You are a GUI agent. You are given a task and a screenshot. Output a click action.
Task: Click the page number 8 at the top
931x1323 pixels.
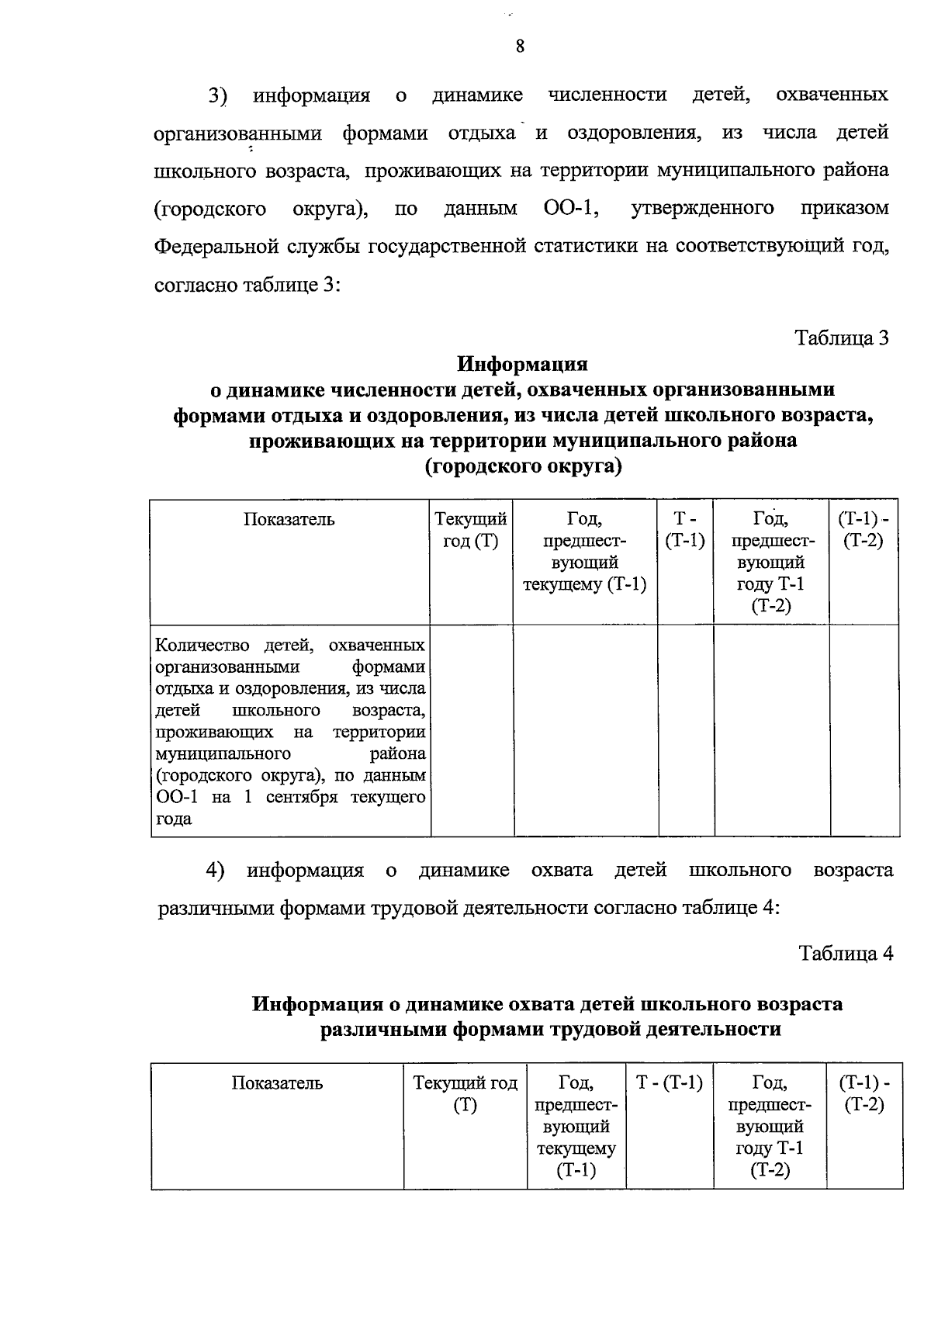pyautogui.click(x=520, y=47)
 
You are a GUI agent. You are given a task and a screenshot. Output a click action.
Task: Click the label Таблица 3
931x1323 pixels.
pyautogui.click(x=842, y=338)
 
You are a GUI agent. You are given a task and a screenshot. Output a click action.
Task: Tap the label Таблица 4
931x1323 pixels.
pyautogui.click(x=846, y=954)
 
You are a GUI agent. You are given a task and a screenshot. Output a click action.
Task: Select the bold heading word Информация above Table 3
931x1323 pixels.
pyautogui.click(x=522, y=364)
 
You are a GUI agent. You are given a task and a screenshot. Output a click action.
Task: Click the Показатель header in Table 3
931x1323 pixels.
pyautogui.click(x=289, y=520)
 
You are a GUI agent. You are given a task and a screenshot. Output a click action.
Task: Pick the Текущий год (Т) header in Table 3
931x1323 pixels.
pyautogui.click(x=471, y=530)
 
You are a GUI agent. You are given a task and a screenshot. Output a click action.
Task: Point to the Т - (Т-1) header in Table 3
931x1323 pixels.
pyautogui.click(x=685, y=530)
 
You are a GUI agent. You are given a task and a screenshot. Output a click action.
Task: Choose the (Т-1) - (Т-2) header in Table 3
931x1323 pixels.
pyautogui.click(x=864, y=530)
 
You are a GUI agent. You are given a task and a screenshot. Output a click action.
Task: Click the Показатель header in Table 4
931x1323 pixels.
pyautogui.click(x=277, y=1083)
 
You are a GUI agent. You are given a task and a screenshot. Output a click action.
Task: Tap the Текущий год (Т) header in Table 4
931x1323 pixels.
pyautogui.click(x=465, y=1094)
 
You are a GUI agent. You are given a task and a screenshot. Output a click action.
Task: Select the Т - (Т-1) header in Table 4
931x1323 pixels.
pyautogui.click(x=670, y=1083)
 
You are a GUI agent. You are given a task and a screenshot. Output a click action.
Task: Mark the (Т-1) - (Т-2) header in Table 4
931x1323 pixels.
pyautogui.click(x=864, y=1094)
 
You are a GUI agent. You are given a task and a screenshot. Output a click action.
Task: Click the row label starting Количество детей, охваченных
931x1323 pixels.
pyautogui.click(x=290, y=731)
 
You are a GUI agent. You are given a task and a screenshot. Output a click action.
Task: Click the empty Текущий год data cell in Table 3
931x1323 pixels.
pyautogui.click(x=472, y=731)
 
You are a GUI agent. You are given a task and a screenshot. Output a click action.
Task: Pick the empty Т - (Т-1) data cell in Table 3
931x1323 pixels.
pyautogui.click(x=686, y=731)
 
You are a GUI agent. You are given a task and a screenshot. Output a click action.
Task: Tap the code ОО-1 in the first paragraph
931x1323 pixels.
pyautogui.click(x=564, y=209)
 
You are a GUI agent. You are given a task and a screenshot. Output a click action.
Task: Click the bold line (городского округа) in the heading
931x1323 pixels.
pyautogui.click(x=523, y=467)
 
